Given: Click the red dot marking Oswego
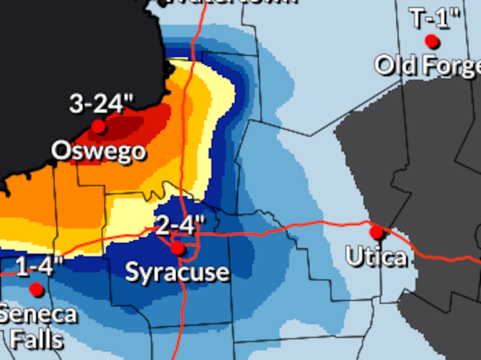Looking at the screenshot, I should [x=98, y=127].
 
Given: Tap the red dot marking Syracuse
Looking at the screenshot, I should [x=178, y=249].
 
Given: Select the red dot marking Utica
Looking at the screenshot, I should [x=377, y=232].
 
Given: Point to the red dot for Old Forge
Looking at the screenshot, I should [x=432, y=41].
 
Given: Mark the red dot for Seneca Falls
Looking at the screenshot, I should [x=36, y=289].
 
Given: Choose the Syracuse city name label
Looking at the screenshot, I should [x=177, y=272].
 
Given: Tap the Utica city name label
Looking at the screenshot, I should [x=376, y=257].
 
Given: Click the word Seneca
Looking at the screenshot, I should [x=38, y=315].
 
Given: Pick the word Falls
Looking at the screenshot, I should [x=36, y=340].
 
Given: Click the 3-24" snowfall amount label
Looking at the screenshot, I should [x=101, y=104].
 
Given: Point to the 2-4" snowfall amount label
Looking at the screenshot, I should [x=180, y=225].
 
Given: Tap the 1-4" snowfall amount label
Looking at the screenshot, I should [x=39, y=267].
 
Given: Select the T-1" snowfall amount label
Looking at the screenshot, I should [x=435, y=18].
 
